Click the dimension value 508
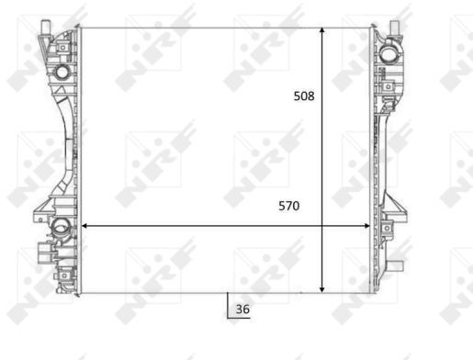point(304,96)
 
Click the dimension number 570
point(289,206)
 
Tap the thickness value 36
point(242,309)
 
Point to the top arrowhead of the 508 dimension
point(321,30)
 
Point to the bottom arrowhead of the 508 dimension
point(321,289)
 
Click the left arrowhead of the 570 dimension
point(84,226)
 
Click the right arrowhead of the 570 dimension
point(366,226)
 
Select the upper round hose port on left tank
point(62,72)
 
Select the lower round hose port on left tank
point(60,227)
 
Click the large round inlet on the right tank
point(388,54)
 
